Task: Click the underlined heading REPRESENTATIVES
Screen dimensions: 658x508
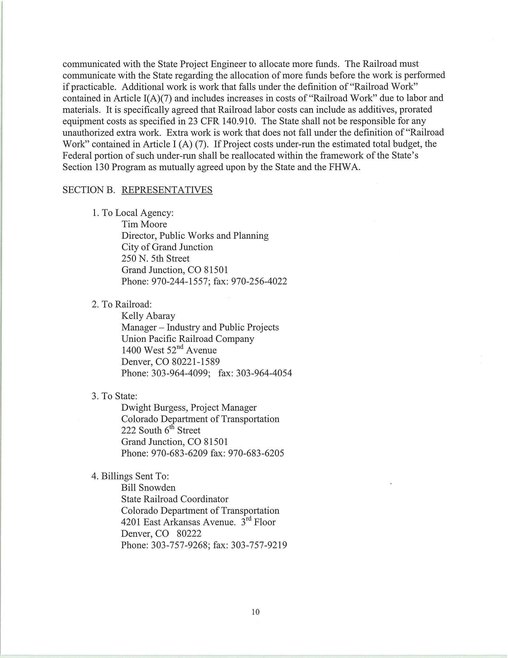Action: pyautogui.click(x=167, y=190)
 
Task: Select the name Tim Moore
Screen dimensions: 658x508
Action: pyautogui.click(x=144, y=224)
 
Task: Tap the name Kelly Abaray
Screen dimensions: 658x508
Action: pyautogui.click(x=148, y=316)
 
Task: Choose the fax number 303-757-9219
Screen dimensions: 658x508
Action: pyautogui.click(x=259, y=545)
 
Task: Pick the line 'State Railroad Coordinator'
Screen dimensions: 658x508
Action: pyautogui.click(x=175, y=499)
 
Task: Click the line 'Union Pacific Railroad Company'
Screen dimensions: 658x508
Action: pyautogui.click(x=188, y=339)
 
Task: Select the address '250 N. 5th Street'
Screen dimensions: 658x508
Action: pyautogui.click(x=155, y=258)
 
